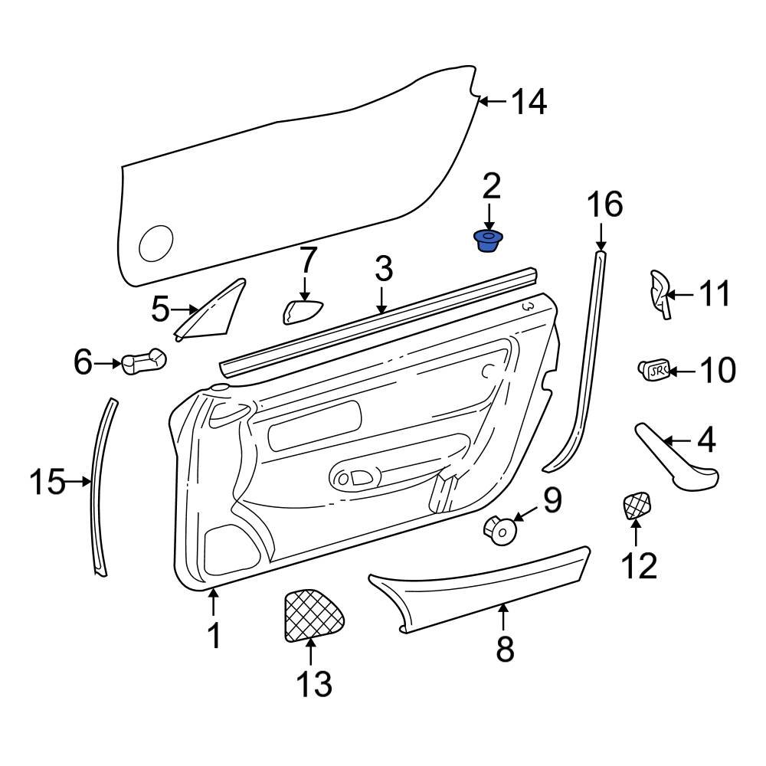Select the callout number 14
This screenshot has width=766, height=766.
pos(529,102)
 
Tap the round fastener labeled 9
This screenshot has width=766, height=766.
pos(499,529)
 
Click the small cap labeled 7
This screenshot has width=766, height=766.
pos(303,313)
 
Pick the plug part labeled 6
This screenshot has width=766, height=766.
pos(144,361)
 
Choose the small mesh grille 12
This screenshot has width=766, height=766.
pos(635,506)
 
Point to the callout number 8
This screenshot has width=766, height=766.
pos(504,649)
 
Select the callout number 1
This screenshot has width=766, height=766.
pos(214,635)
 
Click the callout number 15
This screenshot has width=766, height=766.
pos(48,483)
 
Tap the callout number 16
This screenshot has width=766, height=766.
pos(604,205)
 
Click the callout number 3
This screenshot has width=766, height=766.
pos(383,269)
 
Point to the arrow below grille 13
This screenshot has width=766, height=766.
pos(311,651)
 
